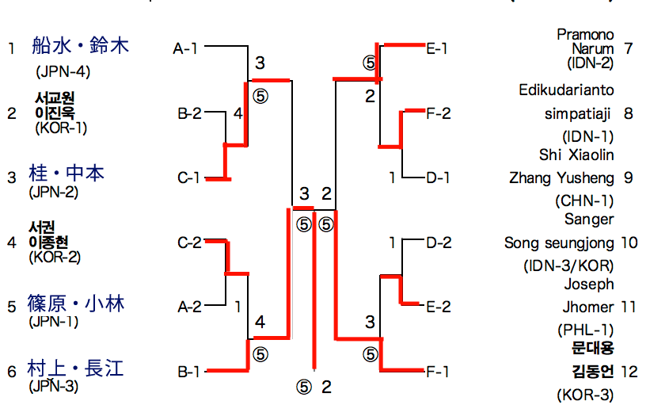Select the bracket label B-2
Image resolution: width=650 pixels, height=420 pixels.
pyautogui.click(x=190, y=113)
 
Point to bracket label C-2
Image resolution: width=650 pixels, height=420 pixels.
pyautogui.click(x=190, y=242)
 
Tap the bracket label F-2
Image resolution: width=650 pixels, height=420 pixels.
pyautogui.click(x=438, y=113)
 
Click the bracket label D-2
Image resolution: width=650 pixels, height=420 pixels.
pyautogui.click(x=438, y=242)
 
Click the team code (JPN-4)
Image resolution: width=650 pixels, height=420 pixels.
pyautogui.click(x=63, y=71)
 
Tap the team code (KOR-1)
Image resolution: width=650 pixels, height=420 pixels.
pyautogui.click(x=61, y=127)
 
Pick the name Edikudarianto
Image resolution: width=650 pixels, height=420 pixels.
pyautogui.click(x=567, y=90)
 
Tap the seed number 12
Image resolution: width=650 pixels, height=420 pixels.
pyautogui.click(x=629, y=371)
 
